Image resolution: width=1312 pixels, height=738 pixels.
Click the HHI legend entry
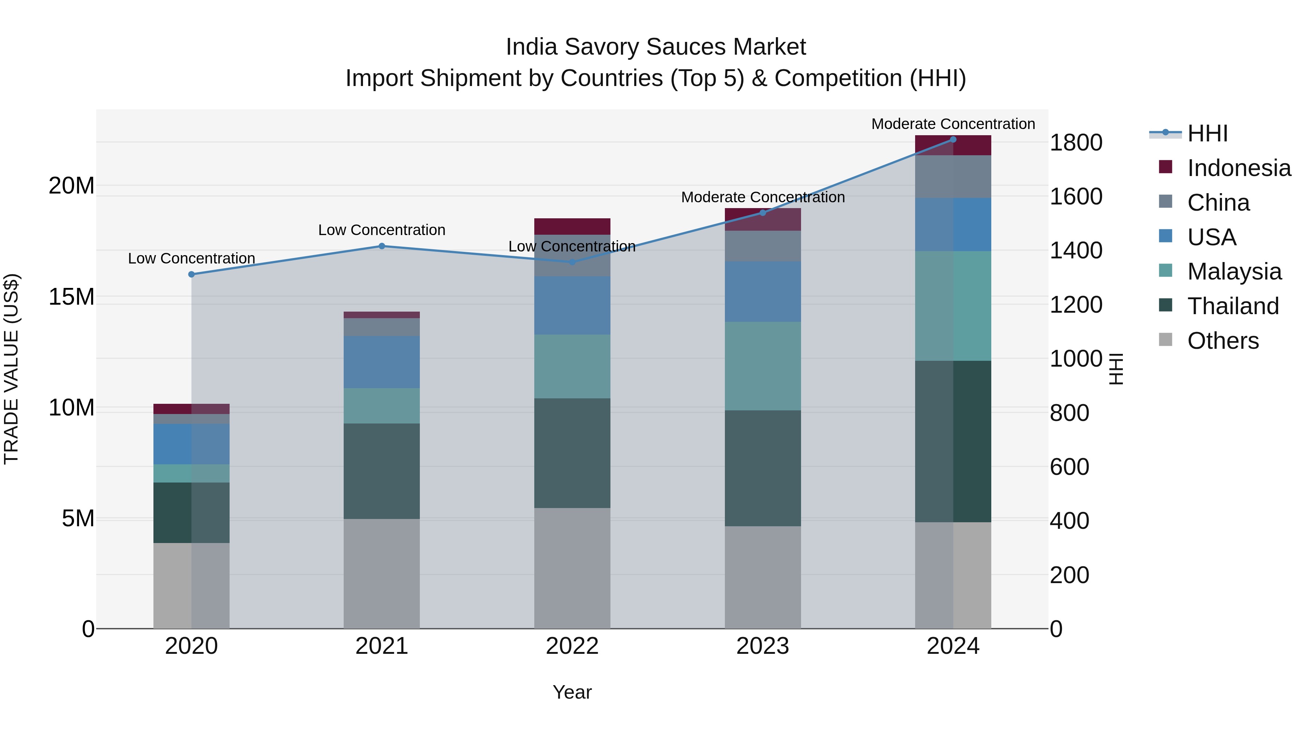pos(1207,133)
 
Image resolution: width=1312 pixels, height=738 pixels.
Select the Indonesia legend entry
pos(1239,168)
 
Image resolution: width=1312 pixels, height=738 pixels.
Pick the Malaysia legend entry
pos(1234,272)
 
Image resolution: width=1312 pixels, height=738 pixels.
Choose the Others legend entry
pos(1222,341)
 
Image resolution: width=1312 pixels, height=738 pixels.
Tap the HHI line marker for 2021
pos(382,246)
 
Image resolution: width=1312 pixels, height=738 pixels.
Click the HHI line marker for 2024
pos(953,140)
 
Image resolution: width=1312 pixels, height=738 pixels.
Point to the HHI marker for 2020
pos(191,274)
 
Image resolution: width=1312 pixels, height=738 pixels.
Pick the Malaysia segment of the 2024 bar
pos(953,306)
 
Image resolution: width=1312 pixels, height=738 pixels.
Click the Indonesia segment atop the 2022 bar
pos(572,226)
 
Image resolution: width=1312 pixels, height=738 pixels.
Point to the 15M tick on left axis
pos(71,296)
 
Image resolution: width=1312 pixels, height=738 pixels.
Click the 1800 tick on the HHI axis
pos(1076,142)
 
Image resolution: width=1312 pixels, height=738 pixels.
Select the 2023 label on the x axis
pos(762,646)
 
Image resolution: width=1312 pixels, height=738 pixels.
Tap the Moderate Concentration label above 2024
pos(953,124)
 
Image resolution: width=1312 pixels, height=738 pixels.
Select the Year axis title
pos(572,692)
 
